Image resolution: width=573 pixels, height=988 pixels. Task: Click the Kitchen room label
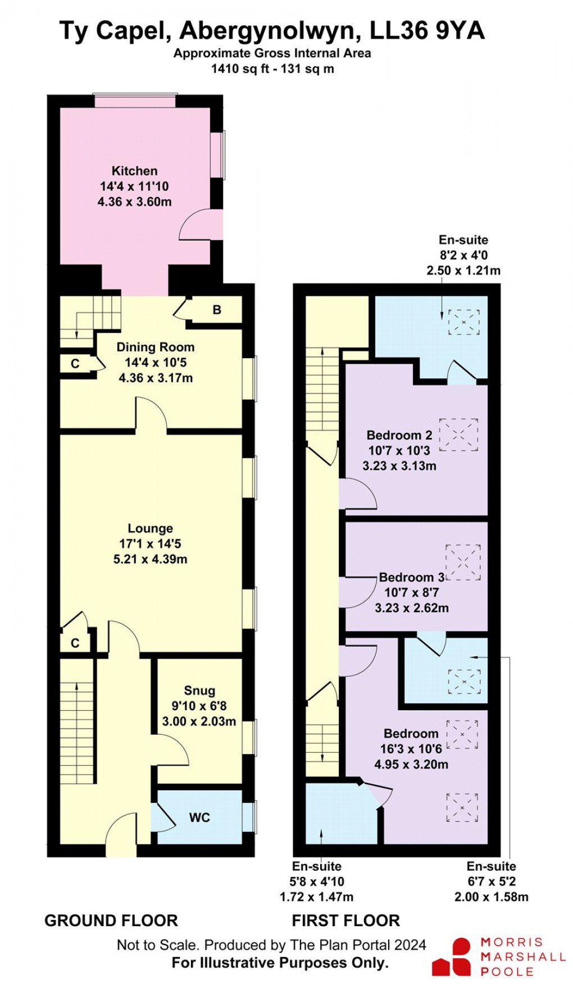[134, 171]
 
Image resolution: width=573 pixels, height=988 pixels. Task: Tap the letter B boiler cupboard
[217, 310]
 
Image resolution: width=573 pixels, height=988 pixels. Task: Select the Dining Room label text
[155, 347]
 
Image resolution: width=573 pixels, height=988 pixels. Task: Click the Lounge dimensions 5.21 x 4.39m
[150, 559]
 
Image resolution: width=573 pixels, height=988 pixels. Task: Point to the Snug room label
[199, 690]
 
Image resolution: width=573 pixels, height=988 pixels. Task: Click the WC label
[199, 817]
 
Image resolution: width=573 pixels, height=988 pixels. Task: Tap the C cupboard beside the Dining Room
[75, 364]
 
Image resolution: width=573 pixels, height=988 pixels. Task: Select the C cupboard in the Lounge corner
[75, 643]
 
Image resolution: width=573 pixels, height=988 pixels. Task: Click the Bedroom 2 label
[399, 435]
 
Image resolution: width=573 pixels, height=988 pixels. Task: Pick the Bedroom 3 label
[411, 577]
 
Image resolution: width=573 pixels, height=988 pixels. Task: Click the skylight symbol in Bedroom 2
[458, 434]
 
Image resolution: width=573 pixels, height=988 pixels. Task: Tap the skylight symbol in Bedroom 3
[463, 562]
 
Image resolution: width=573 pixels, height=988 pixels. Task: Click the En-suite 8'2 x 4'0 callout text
[463, 255]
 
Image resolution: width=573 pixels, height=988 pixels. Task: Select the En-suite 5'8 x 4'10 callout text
[317, 881]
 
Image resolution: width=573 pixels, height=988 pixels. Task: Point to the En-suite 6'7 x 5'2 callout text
[491, 881]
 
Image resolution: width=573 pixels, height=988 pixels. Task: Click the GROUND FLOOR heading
[111, 921]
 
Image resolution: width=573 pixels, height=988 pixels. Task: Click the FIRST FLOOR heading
[345, 921]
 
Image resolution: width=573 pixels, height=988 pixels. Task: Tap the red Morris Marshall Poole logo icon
[452, 957]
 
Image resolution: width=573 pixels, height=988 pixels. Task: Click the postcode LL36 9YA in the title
[427, 31]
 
